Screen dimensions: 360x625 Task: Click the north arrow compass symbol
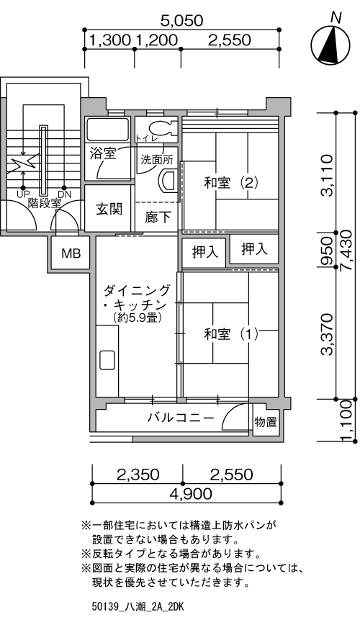click(330, 43)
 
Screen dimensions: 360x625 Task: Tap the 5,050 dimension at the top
click(181, 21)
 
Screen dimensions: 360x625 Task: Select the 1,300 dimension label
click(110, 40)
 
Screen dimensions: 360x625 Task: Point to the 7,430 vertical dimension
click(346, 251)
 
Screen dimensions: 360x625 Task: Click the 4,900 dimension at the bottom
click(191, 494)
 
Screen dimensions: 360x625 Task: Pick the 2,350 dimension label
click(138, 475)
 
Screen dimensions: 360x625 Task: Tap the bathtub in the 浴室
click(108, 129)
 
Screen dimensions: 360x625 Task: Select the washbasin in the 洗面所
click(168, 181)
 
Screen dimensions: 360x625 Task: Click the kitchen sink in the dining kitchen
click(107, 360)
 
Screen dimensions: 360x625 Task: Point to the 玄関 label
click(109, 209)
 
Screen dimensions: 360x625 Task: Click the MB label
click(71, 253)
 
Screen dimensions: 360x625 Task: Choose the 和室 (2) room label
click(231, 183)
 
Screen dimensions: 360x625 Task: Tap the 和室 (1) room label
click(231, 333)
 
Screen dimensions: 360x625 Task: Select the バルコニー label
click(181, 418)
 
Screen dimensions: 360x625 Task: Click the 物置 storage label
click(266, 422)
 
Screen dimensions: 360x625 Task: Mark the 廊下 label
click(158, 217)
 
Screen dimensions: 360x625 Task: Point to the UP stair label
click(23, 194)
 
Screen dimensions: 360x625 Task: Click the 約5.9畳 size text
click(137, 318)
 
